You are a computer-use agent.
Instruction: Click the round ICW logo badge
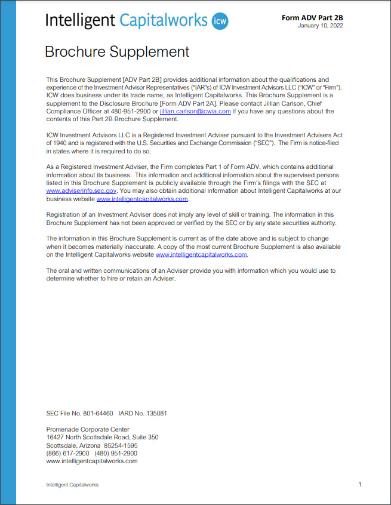(220, 22)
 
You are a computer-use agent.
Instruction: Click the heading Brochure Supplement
(117, 52)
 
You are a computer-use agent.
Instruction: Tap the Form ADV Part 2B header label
(312, 18)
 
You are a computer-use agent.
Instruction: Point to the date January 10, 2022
(321, 26)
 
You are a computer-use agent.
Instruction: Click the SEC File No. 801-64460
(79, 413)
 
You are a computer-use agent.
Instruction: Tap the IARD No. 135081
(142, 413)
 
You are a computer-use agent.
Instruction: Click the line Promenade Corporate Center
(88, 429)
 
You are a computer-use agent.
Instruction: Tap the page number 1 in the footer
(360, 484)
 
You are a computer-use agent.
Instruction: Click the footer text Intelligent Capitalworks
(72, 485)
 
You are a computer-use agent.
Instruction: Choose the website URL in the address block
(91, 461)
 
